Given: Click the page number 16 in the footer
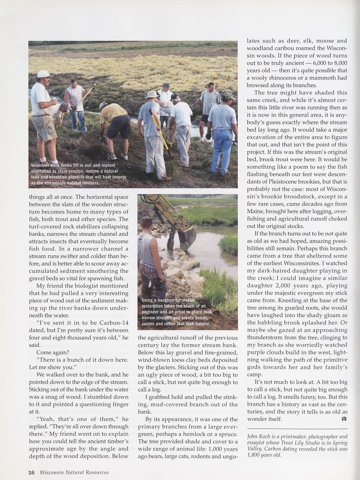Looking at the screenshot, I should (x=31, y=472).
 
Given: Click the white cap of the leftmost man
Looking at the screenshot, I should (x=44, y=74).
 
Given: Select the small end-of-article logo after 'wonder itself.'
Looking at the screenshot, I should (x=344, y=419).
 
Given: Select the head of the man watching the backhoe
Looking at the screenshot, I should (x=147, y=223).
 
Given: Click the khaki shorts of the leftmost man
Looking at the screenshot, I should (x=44, y=127).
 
